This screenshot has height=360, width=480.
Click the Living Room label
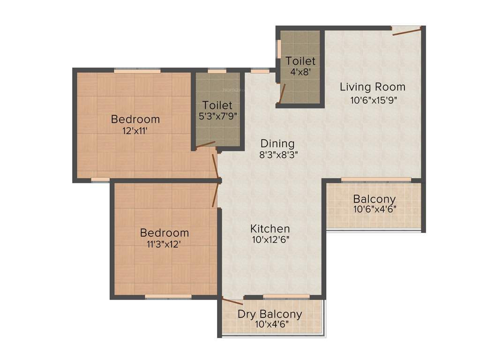click(372, 87)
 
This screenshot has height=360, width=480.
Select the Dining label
click(277, 143)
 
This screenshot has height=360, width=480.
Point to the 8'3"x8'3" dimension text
click(279, 154)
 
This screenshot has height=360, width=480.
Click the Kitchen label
click(270, 229)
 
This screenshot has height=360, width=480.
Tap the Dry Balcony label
click(270, 314)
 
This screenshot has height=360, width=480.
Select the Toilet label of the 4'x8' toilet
click(300, 61)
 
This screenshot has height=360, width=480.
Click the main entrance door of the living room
click(407, 31)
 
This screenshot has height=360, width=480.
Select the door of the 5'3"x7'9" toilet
click(205, 145)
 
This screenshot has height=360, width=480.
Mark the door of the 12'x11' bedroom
click(216, 166)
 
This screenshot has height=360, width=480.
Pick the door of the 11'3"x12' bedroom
click(216, 194)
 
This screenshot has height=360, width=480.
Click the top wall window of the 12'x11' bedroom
click(137, 71)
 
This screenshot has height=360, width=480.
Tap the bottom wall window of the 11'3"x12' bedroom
click(168, 296)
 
